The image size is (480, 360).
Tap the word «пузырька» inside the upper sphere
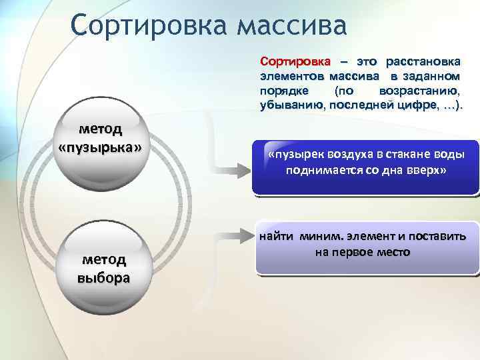click(100, 146)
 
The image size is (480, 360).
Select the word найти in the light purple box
click(276, 236)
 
